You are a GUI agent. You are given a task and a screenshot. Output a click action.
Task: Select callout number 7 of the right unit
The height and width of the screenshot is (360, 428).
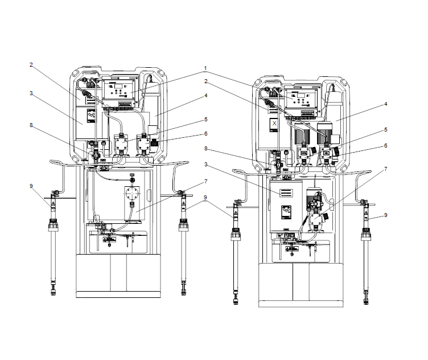[386, 169]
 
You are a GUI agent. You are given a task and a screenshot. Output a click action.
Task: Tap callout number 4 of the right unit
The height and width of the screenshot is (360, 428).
[385, 104]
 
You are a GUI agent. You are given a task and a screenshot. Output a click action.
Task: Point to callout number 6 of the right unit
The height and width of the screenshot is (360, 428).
[386, 145]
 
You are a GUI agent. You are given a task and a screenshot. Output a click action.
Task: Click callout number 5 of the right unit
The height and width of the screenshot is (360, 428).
[386, 129]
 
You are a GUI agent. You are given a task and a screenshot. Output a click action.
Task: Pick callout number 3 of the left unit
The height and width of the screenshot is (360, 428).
[31, 93]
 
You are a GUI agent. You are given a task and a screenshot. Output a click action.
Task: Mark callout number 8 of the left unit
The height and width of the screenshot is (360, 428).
[31, 124]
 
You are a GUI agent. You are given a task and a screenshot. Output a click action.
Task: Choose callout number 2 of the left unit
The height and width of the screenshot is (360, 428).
[31, 65]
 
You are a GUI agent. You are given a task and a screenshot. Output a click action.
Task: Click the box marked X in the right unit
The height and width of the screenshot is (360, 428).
[274, 124]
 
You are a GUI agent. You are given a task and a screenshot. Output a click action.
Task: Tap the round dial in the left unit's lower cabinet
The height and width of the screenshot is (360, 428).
[131, 193]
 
